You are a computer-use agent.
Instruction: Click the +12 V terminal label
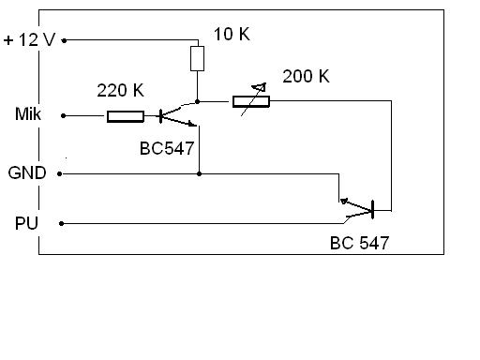(29, 39)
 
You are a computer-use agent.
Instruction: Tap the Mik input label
(28, 113)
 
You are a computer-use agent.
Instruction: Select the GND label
(27, 172)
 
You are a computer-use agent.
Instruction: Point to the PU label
(26, 223)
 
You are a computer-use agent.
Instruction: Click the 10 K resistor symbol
(197, 58)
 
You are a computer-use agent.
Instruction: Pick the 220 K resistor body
(126, 116)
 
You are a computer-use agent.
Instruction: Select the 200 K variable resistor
(251, 101)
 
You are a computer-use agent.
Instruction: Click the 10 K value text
(232, 34)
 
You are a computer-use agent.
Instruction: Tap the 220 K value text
(120, 90)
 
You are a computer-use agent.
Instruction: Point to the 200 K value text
(306, 76)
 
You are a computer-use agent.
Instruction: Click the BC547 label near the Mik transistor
(167, 148)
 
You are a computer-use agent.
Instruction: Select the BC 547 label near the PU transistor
(359, 243)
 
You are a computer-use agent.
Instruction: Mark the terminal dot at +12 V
(64, 40)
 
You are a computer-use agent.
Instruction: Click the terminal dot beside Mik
(63, 116)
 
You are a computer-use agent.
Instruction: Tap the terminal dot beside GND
(60, 173)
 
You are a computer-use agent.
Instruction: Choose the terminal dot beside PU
(62, 223)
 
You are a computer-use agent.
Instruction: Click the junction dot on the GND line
(199, 173)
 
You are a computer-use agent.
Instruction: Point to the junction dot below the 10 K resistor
(197, 101)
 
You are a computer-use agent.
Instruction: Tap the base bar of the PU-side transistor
(372, 210)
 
